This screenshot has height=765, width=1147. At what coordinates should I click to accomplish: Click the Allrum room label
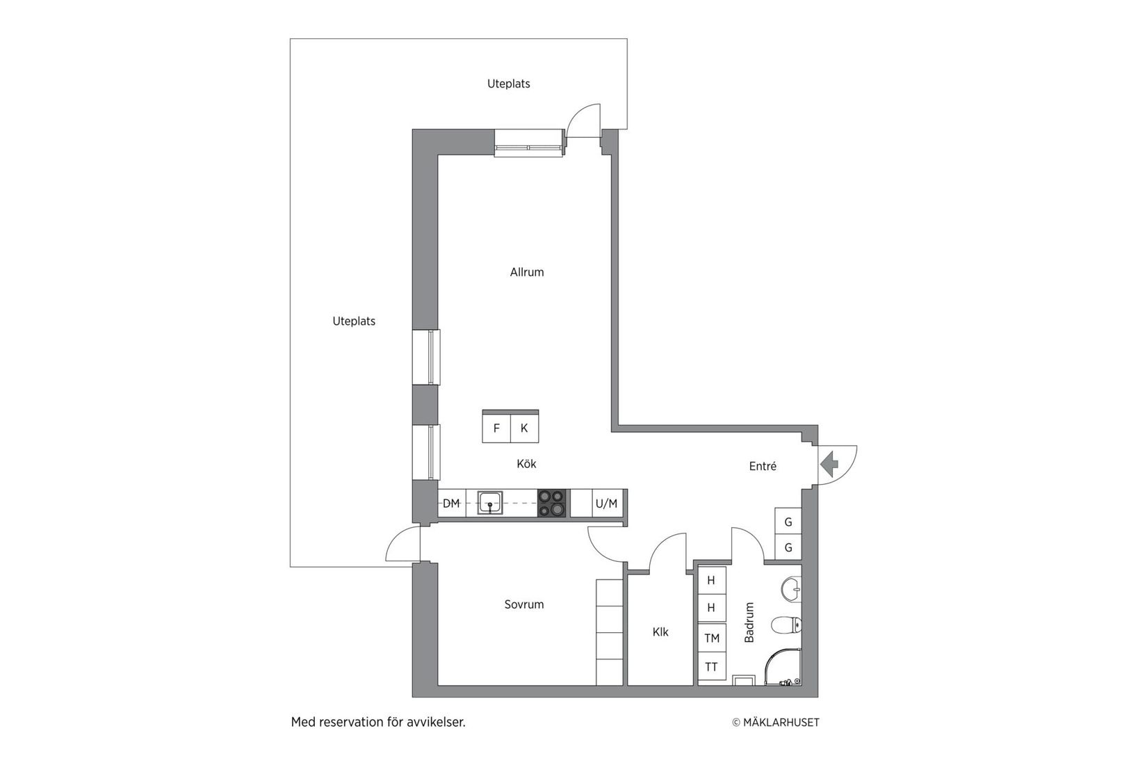coord(527,272)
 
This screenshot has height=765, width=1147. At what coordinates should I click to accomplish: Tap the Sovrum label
coord(524,604)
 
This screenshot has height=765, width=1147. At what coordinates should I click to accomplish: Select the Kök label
coord(526,464)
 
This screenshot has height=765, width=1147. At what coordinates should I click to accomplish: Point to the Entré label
coord(763,467)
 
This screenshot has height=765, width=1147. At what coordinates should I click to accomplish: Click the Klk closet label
coord(660,632)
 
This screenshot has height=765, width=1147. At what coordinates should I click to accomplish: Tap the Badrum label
coord(749,622)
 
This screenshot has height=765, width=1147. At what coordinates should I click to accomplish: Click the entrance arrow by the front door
coord(829,464)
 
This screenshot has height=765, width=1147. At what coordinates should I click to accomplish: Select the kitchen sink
coord(490,502)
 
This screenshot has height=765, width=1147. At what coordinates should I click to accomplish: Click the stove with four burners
coord(552,503)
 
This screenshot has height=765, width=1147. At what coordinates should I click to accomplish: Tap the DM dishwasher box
coord(451,504)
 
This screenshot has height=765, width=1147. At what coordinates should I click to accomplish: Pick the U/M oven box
coord(606,504)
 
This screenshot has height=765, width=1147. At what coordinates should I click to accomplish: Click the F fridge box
coord(496,428)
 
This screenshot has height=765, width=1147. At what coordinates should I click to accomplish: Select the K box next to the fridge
coord(524,428)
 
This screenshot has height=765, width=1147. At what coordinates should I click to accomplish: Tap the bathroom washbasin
coord(791,589)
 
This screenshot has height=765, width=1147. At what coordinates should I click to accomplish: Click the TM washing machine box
coord(712,638)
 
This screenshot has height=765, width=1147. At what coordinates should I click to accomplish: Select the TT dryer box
coord(712,667)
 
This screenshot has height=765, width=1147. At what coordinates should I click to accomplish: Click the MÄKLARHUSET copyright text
coord(776,723)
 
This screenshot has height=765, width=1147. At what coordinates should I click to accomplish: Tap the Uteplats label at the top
coord(508,84)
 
